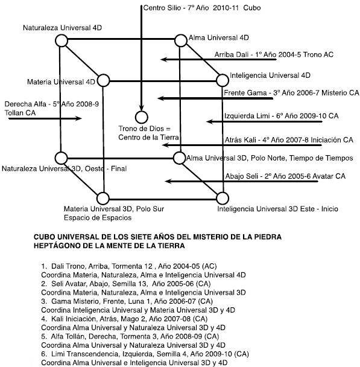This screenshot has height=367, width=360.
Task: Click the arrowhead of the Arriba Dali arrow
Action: pos(163,59)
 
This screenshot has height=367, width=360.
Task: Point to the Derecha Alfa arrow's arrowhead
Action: pos(78,118)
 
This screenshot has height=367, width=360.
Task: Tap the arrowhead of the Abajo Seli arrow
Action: pos(168,181)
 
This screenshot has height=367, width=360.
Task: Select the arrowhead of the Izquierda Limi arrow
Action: pos(210,121)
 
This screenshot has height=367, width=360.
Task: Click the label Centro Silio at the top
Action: pos(162,8)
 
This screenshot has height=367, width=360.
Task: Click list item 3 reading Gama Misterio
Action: pos(127,301)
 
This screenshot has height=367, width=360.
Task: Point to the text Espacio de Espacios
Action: pos(98,218)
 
